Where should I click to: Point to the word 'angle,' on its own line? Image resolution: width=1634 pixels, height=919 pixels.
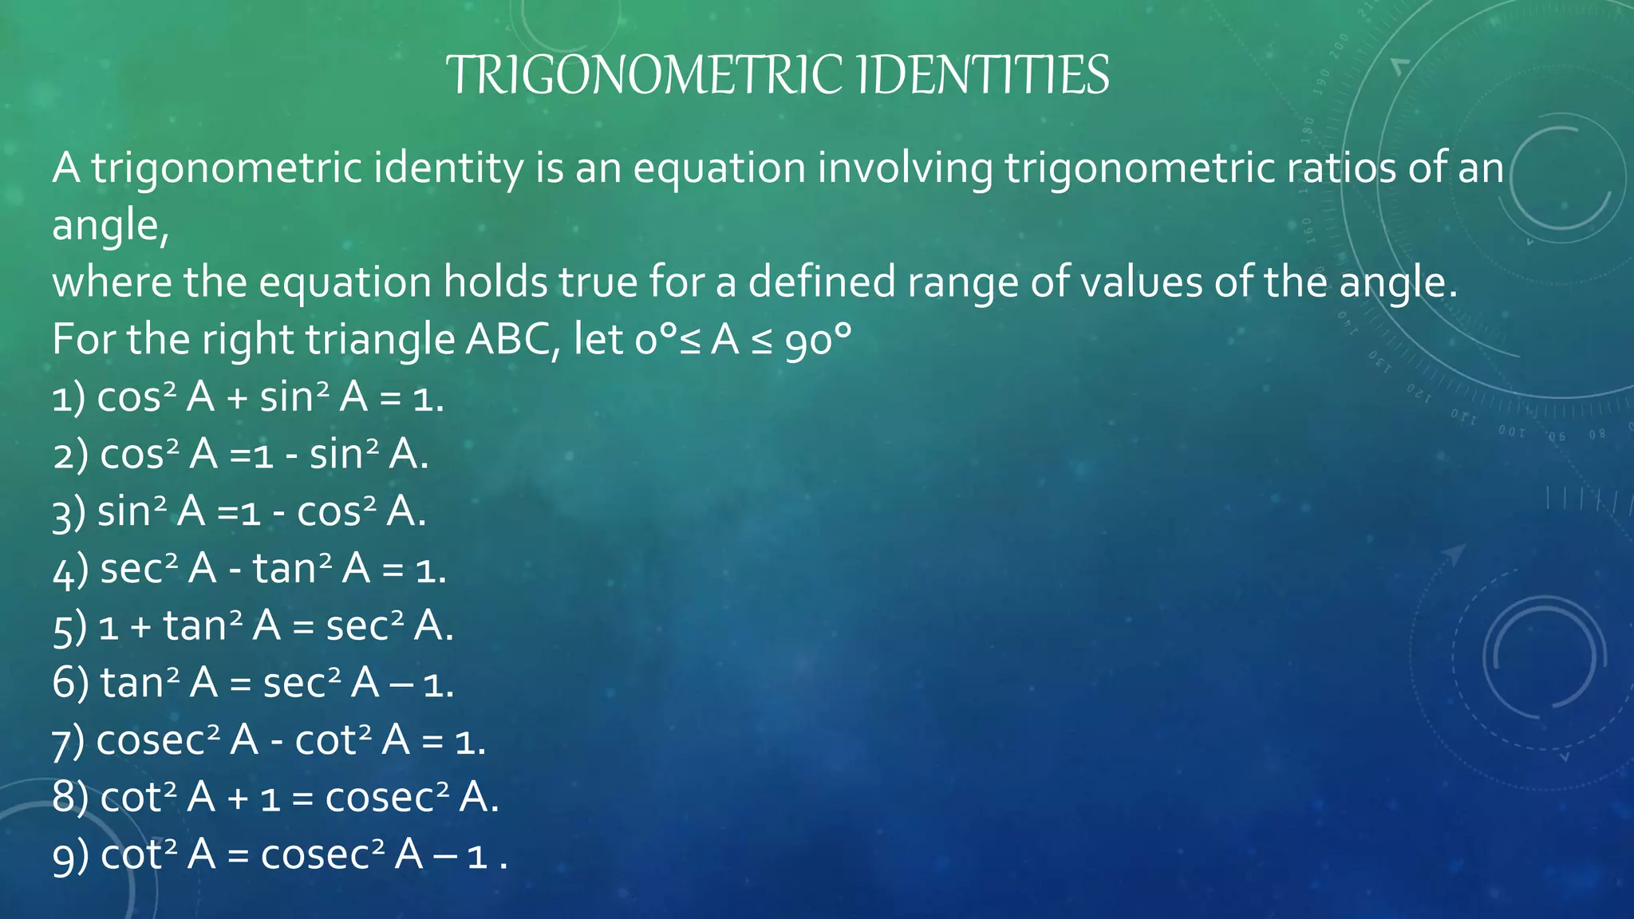tap(110, 227)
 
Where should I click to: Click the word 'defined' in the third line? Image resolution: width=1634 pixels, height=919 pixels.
tap(822, 282)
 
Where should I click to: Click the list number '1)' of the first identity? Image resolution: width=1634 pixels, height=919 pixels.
tap(69, 398)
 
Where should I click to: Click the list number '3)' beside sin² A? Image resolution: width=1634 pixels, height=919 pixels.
tap(69, 513)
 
